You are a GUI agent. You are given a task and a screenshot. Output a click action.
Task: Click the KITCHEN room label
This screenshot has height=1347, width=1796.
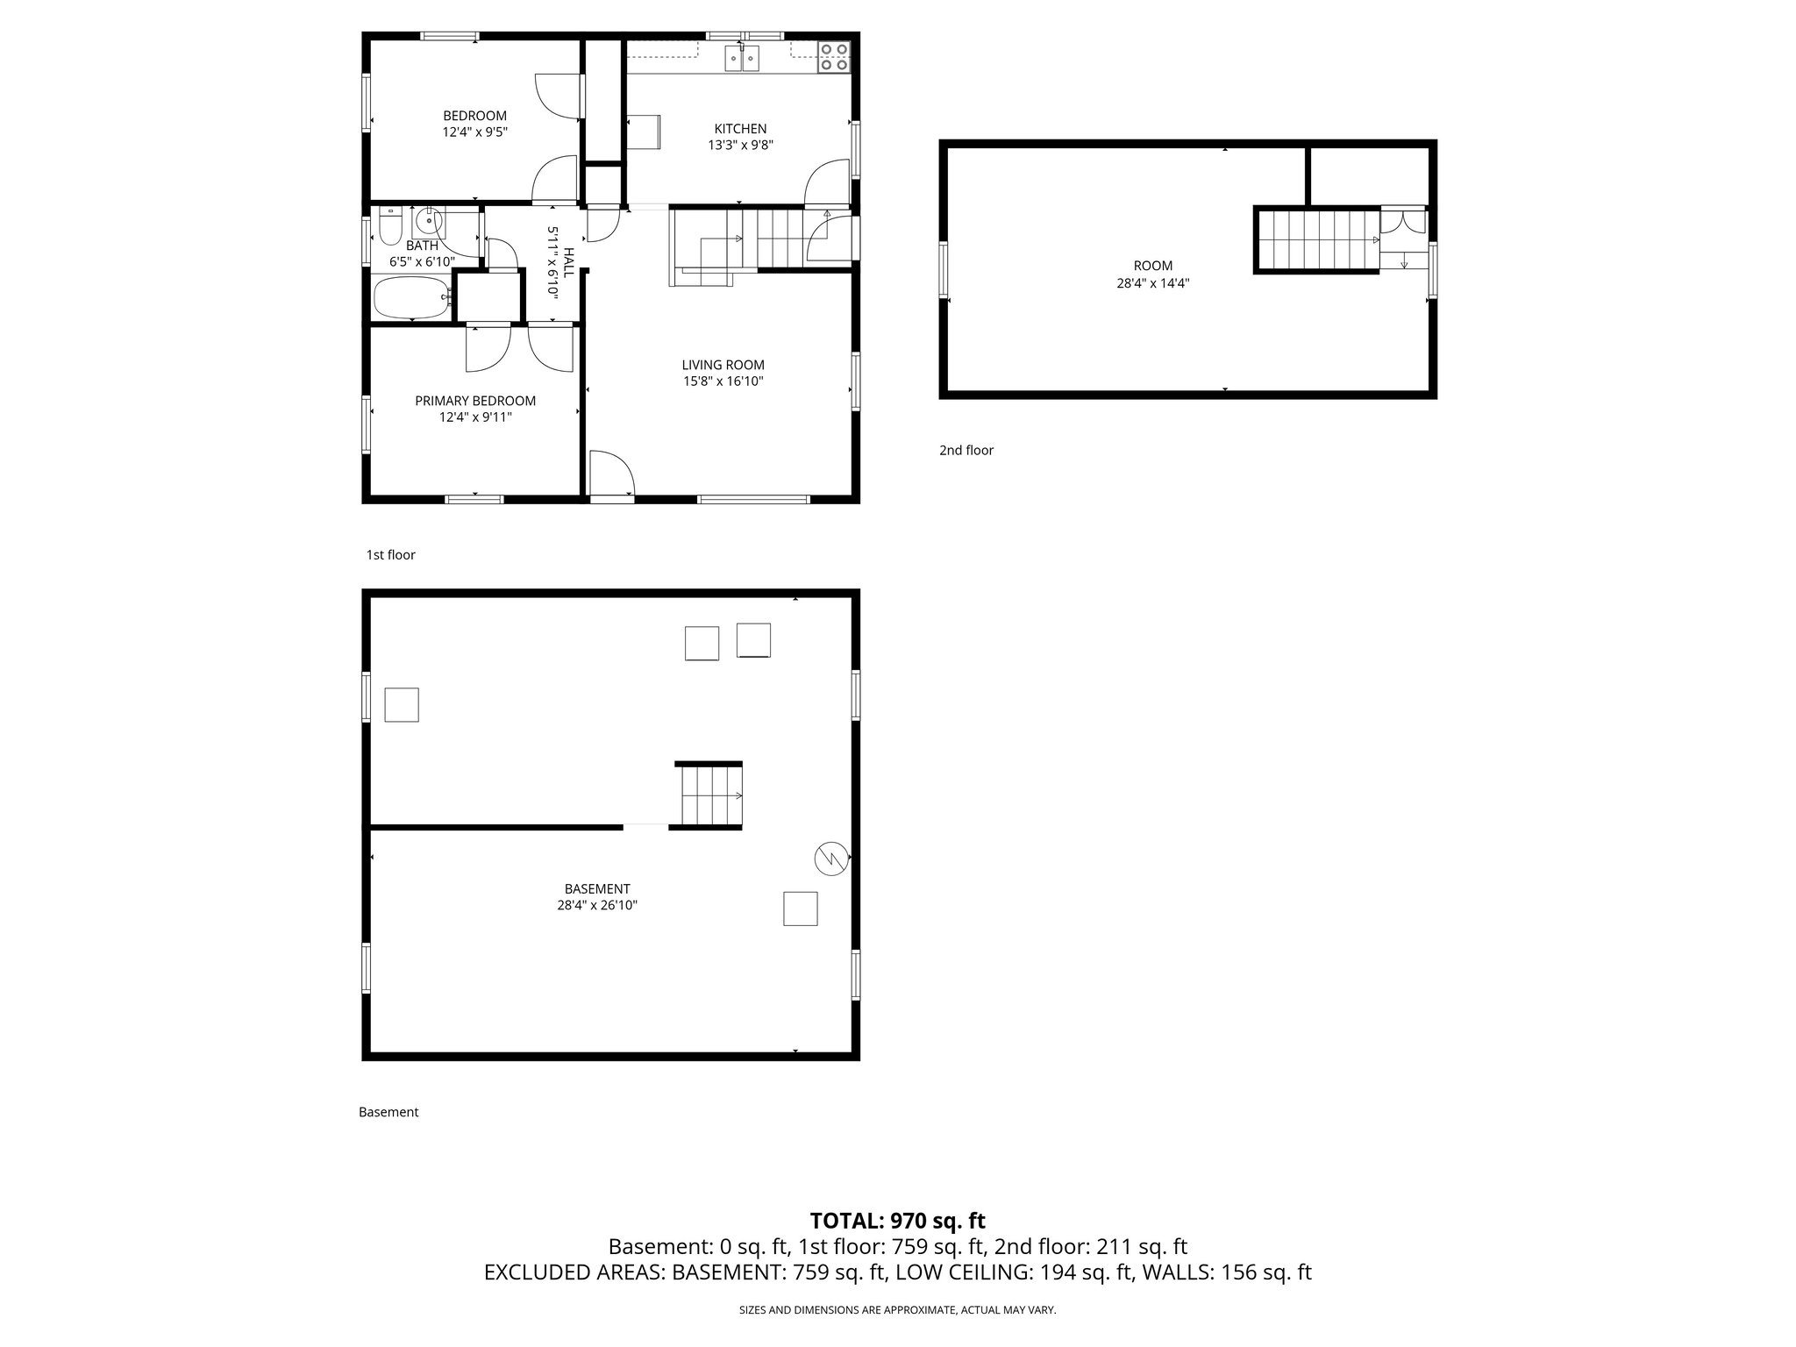coord(740,129)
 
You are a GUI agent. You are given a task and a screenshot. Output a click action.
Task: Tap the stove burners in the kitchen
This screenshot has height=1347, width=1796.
coord(833,56)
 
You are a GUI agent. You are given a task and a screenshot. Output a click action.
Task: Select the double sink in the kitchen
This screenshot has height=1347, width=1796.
coord(742,58)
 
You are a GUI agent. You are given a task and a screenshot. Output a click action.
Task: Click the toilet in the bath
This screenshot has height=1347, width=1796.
coord(390,225)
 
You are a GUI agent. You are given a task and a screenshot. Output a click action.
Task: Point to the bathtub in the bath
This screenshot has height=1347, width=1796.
coord(410,298)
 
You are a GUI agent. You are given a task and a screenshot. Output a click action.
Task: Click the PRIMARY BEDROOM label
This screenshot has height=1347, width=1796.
coord(475,401)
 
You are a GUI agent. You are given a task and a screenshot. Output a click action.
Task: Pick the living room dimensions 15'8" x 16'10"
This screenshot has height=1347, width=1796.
coord(723,381)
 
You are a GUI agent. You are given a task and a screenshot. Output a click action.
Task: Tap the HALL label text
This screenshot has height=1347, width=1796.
coord(568,263)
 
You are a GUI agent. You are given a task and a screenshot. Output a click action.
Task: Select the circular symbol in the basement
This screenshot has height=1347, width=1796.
coord(831,859)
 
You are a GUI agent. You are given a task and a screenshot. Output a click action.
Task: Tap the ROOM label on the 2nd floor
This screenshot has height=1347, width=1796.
coord(1153,266)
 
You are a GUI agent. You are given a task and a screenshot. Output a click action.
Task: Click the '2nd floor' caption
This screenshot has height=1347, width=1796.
coord(966,451)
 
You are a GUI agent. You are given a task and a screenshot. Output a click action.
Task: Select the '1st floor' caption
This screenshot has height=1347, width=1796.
coord(391,555)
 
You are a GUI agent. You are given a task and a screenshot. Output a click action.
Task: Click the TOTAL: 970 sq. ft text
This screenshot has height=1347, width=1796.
coord(897,1221)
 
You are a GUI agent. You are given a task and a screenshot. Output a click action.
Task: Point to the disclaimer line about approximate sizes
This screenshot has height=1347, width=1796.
coord(897,1310)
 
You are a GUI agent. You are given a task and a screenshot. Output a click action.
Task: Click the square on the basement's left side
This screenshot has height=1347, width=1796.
coord(402,705)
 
